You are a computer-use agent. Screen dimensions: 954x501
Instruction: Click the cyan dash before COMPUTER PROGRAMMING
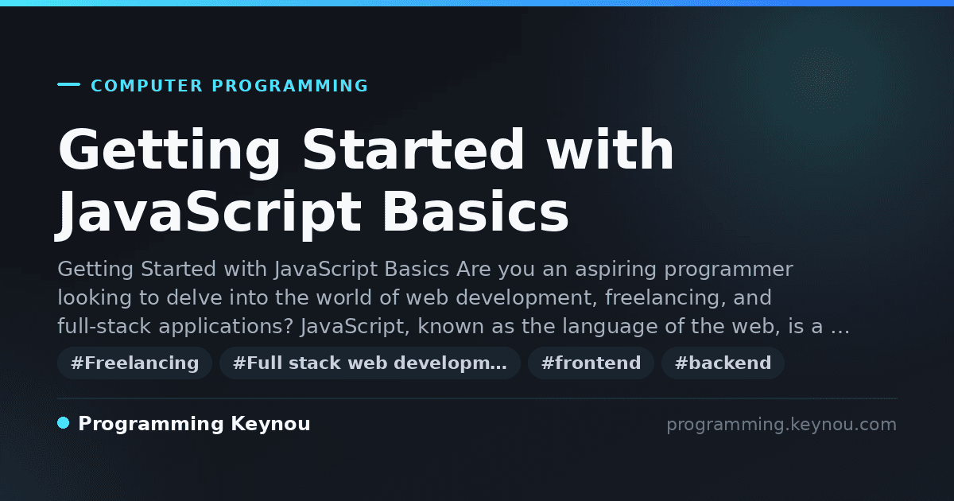(x=68, y=84)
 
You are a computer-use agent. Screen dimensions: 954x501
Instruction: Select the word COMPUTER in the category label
(x=147, y=86)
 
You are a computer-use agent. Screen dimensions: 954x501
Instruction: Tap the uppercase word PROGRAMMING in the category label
(x=289, y=86)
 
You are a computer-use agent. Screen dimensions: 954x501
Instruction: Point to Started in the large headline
(x=413, y=150)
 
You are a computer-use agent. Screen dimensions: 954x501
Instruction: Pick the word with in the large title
(x=610, y=150)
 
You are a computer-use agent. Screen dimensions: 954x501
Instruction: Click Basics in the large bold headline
(x=475, y=212)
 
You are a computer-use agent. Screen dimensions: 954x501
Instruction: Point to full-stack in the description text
(x=104, y=326)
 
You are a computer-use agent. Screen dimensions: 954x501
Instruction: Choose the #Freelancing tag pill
(x=134, y=363)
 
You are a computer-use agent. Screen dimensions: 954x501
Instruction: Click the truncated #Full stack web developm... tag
(x=370, y=363)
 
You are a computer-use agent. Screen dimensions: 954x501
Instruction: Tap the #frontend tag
(x=591, y=363)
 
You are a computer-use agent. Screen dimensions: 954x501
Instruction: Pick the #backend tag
(x=723, y=363)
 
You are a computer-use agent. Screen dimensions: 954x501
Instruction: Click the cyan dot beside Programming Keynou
(x=63, y=423)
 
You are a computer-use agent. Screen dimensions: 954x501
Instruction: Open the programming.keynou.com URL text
(x=781, y=425)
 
